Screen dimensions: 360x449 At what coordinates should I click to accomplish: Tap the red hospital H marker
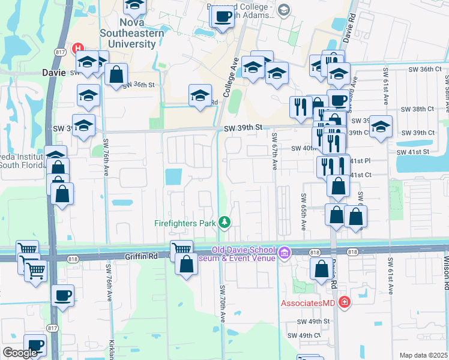[77, 49]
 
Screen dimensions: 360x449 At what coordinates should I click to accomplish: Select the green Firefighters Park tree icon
[224, 223]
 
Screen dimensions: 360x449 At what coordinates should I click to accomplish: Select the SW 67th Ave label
[275, 151]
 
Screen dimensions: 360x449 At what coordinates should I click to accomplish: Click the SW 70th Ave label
[221, 306]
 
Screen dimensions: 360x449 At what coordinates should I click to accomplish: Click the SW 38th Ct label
[418, 109]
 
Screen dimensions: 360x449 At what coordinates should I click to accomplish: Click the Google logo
[20, 353]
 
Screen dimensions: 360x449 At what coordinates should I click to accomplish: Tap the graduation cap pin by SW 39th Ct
[379, 127]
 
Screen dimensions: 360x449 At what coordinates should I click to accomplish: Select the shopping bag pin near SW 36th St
[116, 76]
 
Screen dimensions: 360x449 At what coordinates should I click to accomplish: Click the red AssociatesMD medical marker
[344, 302]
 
